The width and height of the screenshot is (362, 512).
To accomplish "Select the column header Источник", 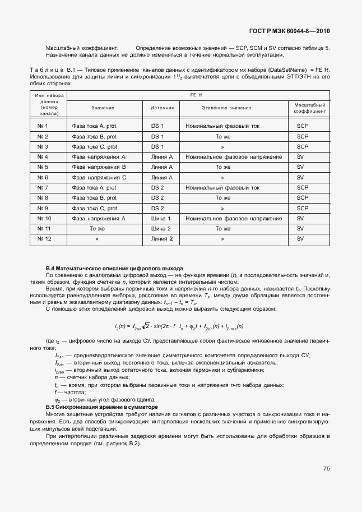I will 163,107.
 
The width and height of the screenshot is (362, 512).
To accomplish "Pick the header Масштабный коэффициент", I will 307,108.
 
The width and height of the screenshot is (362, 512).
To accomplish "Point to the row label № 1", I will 43,126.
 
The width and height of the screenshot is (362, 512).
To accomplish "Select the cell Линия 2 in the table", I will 162,238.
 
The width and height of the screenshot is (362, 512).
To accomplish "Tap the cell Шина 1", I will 161,218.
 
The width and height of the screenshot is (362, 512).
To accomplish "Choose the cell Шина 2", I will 161,228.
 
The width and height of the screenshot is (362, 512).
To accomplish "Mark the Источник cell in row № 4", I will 162,157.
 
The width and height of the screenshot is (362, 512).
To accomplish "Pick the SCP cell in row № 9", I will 303,208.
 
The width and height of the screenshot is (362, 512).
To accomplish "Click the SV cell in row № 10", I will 300,218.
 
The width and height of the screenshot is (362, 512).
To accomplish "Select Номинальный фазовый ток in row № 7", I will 222,187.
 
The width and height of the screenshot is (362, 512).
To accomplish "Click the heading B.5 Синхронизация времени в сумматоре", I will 101,406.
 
